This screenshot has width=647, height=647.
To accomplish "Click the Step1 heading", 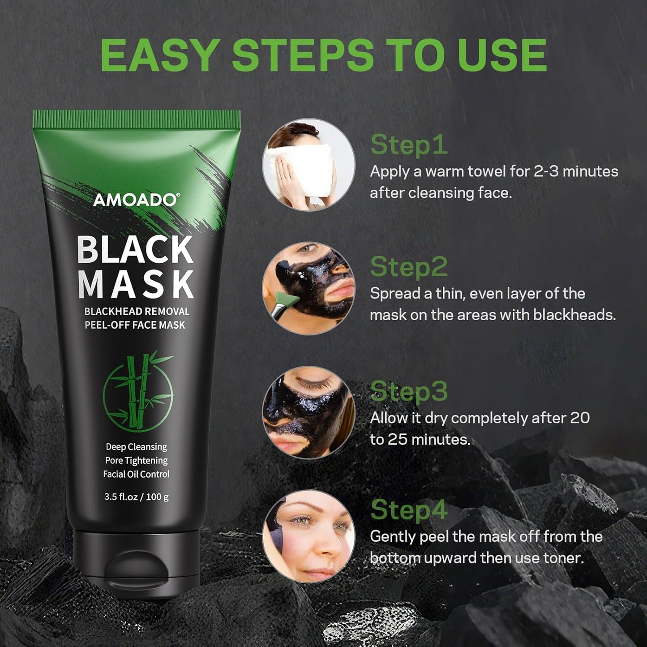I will click(x=409, y=145).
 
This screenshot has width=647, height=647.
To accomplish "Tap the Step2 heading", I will click(x=409, y=267).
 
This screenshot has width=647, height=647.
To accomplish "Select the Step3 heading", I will click(x=409, y=391).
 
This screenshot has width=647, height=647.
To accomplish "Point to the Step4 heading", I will click(x=409, y=510).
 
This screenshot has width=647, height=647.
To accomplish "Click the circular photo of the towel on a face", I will click(x=308, y=164).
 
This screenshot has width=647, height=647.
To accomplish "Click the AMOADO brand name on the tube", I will click(x=135, y=200).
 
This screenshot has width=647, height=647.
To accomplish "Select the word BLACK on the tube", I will click(x=136, y=249).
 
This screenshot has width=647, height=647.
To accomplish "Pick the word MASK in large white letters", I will click(x=136, y=284).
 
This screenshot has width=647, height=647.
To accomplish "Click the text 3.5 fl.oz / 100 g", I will click(x=136, y=497).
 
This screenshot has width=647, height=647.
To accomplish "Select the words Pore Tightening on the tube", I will click(x=136, y=460).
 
